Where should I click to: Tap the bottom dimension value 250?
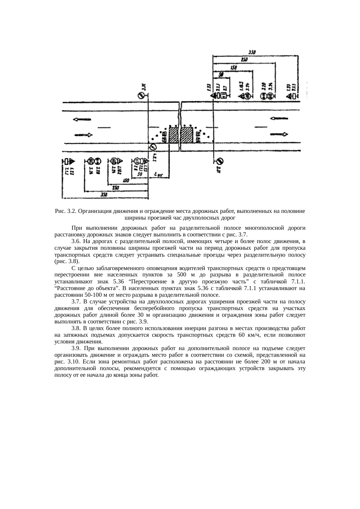116,188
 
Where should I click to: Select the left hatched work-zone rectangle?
174,135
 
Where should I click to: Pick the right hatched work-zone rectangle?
187,135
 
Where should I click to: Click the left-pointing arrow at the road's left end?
82,119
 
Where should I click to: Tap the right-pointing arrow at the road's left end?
83,135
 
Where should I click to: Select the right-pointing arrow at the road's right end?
279,134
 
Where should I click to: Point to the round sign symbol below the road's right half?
220,161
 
